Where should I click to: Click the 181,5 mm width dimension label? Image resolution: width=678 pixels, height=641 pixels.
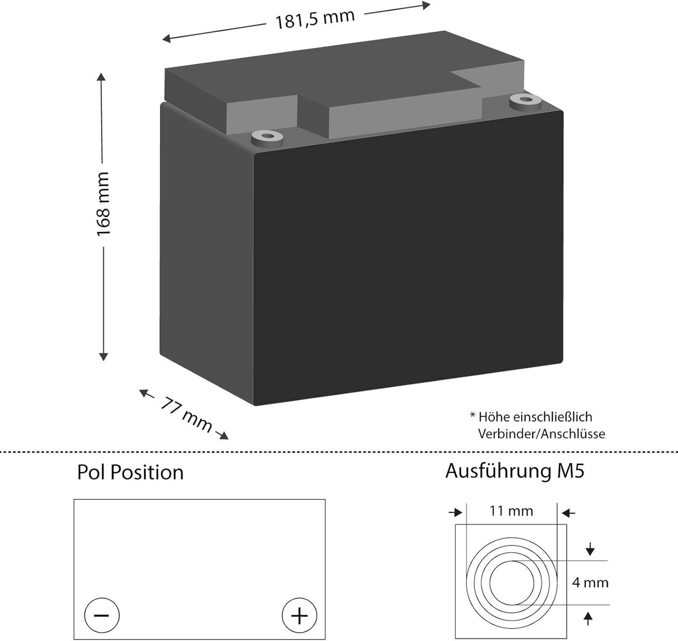point(315,19)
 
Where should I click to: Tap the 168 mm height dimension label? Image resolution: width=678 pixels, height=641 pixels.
point(103,204)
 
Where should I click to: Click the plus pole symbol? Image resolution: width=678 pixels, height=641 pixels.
point(299,615)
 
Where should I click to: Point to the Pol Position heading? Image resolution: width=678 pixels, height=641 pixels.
point(130,472)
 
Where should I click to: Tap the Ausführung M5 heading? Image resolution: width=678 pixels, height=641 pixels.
point(515,471)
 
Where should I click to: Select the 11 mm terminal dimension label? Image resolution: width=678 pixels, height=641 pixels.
point(511,511)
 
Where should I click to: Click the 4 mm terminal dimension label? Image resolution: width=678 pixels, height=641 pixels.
point(590,583)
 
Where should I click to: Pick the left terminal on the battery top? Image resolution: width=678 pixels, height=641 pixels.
point(266,138)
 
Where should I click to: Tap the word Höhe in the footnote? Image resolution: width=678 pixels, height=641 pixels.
point(494,417)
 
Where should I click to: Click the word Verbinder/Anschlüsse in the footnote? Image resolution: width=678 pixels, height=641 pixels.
point(542,434)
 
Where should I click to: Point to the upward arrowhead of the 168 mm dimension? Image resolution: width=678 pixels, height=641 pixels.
point(101,77)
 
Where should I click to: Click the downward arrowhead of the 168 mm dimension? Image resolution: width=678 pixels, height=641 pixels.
point(103,356)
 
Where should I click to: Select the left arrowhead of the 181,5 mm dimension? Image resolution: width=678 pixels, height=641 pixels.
point(166,39)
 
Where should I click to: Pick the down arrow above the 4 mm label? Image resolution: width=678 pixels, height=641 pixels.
point(590,550)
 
